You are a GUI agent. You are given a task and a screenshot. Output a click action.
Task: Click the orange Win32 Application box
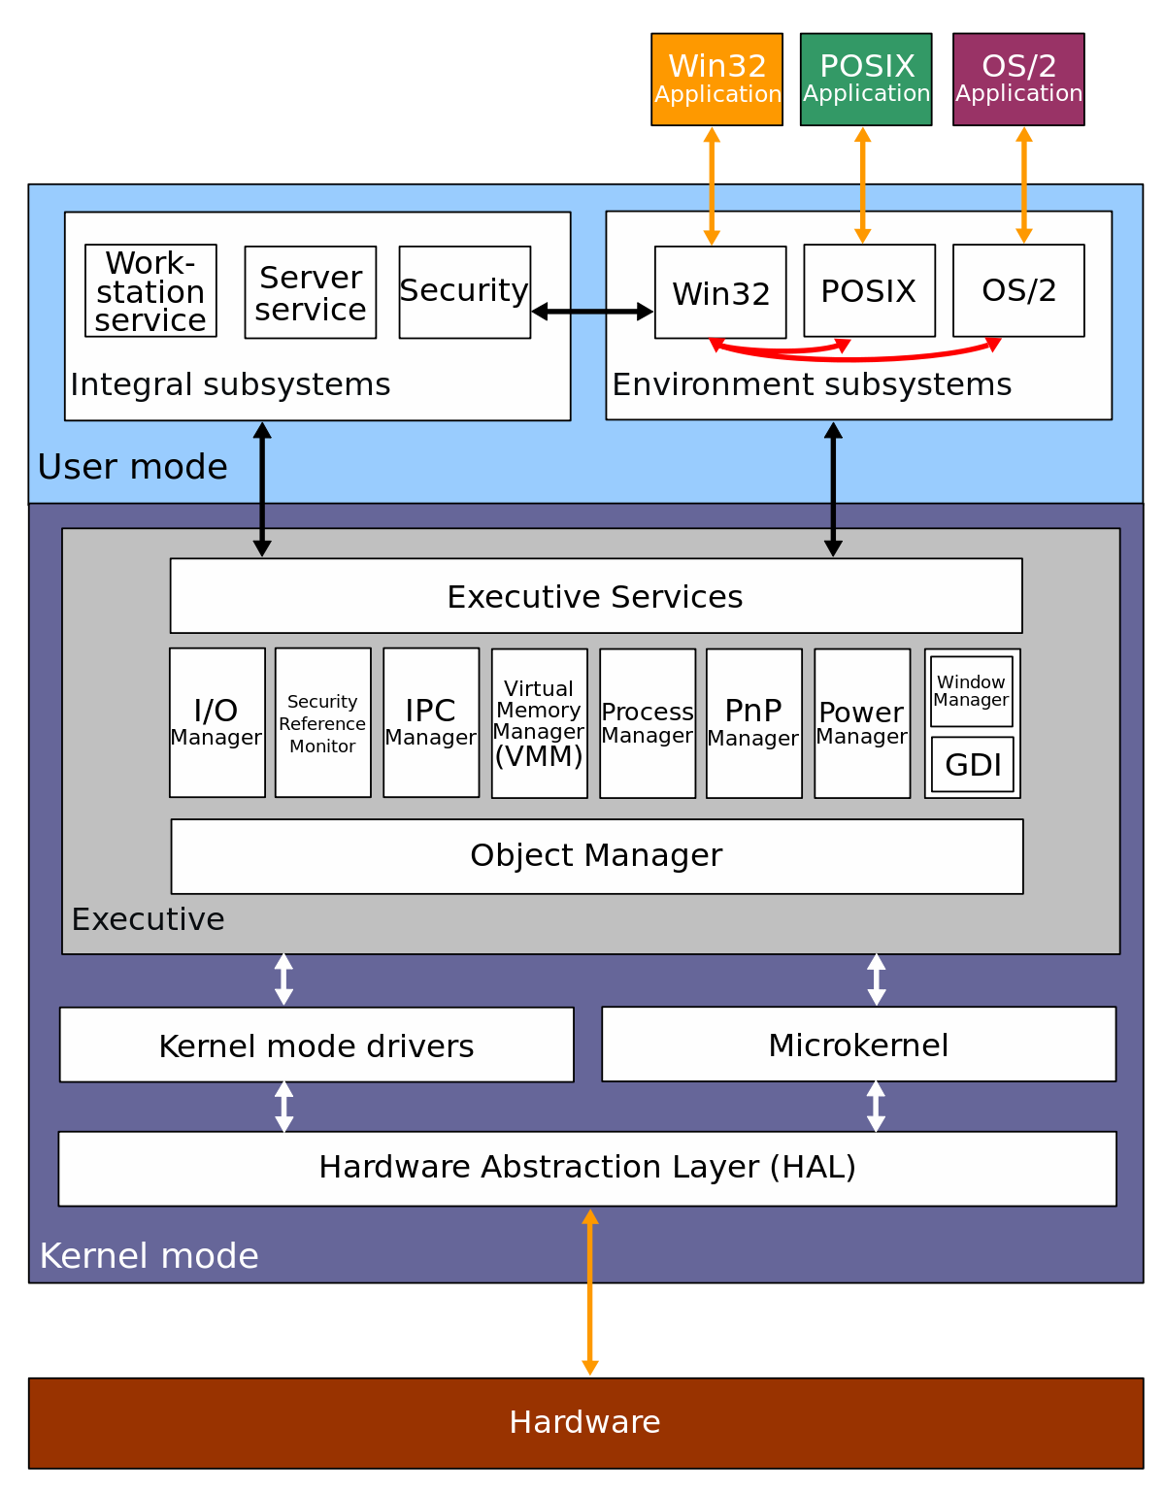click(x=716, y=79)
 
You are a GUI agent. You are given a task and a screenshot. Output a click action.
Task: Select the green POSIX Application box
click(x=866, y=79)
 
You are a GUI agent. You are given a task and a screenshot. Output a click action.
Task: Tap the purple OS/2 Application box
click(x=1018, y=79)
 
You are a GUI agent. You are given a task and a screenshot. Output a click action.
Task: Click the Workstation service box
click(x=150, y=290)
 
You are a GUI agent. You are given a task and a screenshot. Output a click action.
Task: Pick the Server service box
click(x=311, y=292)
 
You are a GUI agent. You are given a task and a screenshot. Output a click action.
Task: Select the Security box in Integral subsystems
click(x=464, y=292)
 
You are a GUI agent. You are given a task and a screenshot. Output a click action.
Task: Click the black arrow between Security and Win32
click(x=592, y=312)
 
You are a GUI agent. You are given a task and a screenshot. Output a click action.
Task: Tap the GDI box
click(x=973, y=765)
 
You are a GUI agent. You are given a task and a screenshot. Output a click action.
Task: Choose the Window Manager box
click(x=972, y=691)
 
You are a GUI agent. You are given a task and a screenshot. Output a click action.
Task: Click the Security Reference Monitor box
click(x=323, y=723)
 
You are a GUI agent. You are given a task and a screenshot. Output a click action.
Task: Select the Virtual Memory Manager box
click(x=540, y=723)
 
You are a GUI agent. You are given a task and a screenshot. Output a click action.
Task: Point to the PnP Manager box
click(x=754, y=723)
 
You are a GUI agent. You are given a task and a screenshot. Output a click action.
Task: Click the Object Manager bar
click(x=597, y=856)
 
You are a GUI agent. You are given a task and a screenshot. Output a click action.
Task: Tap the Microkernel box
click(x=858, y=1045)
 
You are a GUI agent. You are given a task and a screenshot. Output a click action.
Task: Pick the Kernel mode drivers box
click(x=316, y=1045)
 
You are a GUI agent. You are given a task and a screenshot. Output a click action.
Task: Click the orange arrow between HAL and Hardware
click(x=590, y=1292)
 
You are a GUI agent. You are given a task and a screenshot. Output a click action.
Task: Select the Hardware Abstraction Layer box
click(x=587, y=1169)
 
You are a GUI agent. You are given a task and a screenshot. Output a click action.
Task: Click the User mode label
click(x=133, y=467)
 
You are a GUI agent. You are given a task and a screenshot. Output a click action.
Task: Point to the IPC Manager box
click(x=431, y=723)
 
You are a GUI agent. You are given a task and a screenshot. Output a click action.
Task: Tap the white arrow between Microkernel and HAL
click(x=876, y=1107)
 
